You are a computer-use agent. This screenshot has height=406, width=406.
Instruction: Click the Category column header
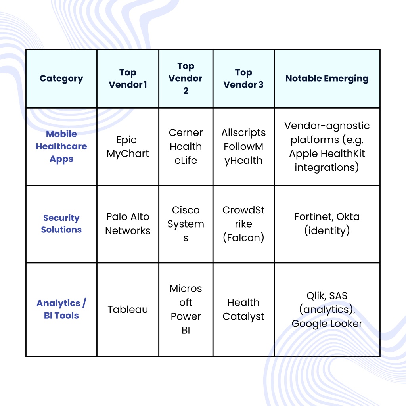[61, 79]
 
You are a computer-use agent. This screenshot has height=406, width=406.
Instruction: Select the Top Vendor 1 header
[128, 79]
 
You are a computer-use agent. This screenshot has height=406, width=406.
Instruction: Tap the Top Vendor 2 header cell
[186, 78]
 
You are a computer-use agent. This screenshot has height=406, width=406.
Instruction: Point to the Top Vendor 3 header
[243, 79]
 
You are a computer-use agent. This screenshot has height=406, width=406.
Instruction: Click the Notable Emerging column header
[327, 79]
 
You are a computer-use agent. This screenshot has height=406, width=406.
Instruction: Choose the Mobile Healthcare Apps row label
[61, 147]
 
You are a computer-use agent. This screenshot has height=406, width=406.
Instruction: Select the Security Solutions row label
[61, 224]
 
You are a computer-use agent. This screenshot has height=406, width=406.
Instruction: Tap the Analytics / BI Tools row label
[61, 309]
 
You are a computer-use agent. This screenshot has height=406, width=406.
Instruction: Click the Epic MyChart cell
[128, 147]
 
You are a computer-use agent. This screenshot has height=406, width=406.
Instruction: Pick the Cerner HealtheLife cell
[186, 147]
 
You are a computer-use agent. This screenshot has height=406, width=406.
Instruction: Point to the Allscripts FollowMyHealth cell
[243, 147]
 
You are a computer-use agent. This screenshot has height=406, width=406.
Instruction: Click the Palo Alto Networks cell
[128, 224]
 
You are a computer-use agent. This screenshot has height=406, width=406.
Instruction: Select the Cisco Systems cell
[186, 224]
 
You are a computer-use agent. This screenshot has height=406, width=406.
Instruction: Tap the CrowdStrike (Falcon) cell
[243, 224]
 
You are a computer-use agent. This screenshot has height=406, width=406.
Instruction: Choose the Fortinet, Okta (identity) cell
[327, 224]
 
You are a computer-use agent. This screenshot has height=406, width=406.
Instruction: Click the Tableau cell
[128, 310]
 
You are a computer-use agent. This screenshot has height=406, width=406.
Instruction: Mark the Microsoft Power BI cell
[186, 309]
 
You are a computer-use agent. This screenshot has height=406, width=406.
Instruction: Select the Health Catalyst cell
[243, 309]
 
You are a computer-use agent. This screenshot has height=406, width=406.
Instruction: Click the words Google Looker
[327, 324]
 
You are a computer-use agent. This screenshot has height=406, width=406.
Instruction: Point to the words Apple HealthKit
[327, 154]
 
